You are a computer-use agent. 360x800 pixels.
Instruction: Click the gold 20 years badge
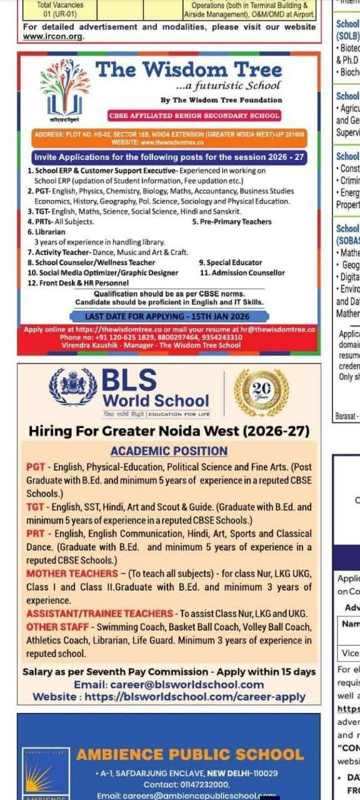261,392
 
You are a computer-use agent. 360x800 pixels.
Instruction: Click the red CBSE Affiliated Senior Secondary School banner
194,116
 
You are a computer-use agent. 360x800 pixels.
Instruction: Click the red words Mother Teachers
72,574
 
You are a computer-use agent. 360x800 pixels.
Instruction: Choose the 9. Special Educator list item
230,263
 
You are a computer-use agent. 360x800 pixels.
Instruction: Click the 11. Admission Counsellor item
242,272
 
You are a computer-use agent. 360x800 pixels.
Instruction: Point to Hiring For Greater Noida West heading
169,431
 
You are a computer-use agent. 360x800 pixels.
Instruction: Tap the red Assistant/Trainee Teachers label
99,613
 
